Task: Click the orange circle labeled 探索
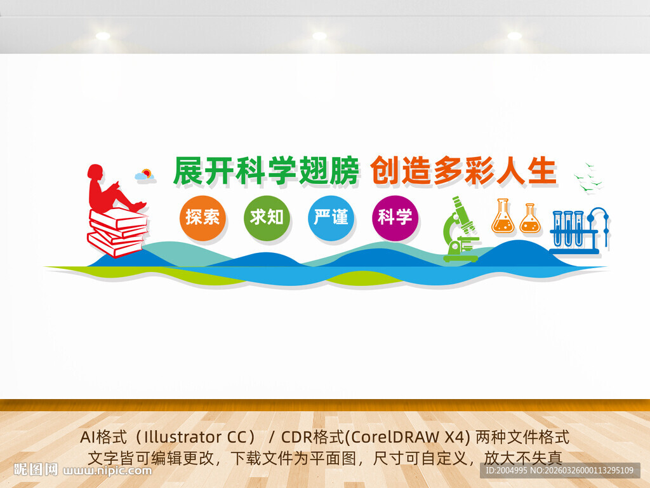[202, 218]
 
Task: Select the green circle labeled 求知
[267, 218]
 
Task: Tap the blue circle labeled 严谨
[331, 218]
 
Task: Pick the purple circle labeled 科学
[395, 218]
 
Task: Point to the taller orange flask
[503, 216]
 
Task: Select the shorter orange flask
[530, 219]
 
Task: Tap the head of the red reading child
[95, 172]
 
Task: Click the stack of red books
[117, 233]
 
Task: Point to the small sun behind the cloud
[147, 173]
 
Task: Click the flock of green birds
[588, 177]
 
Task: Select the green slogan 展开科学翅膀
[266, 170]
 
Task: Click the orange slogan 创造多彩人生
[463, 170]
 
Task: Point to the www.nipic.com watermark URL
[107, 471]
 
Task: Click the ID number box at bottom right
[560, 471]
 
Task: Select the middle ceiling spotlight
[319, 36]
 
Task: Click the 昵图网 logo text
[36, 470]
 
